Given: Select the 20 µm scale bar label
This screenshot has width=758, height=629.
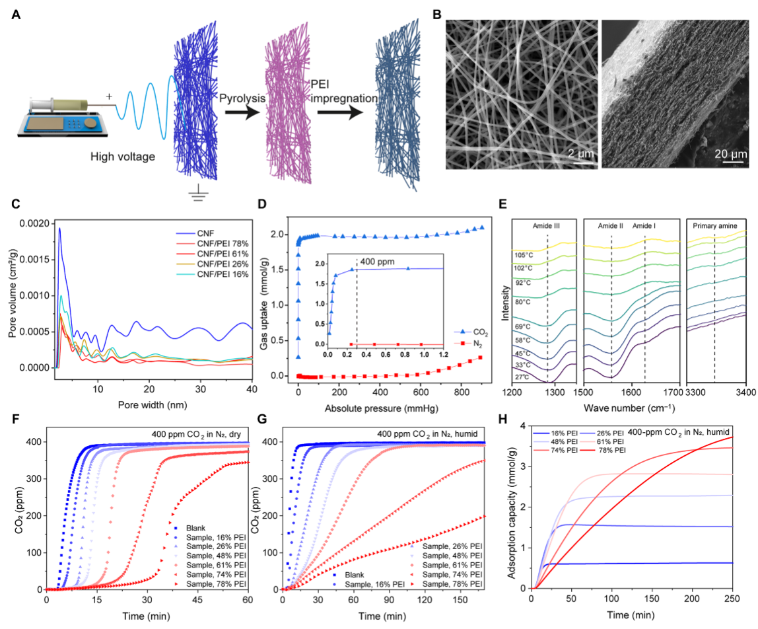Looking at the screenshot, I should [729, 154].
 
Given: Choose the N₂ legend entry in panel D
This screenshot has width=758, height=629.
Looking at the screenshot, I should [472, 344].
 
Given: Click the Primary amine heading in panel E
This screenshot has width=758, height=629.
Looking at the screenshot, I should [716, 226].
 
